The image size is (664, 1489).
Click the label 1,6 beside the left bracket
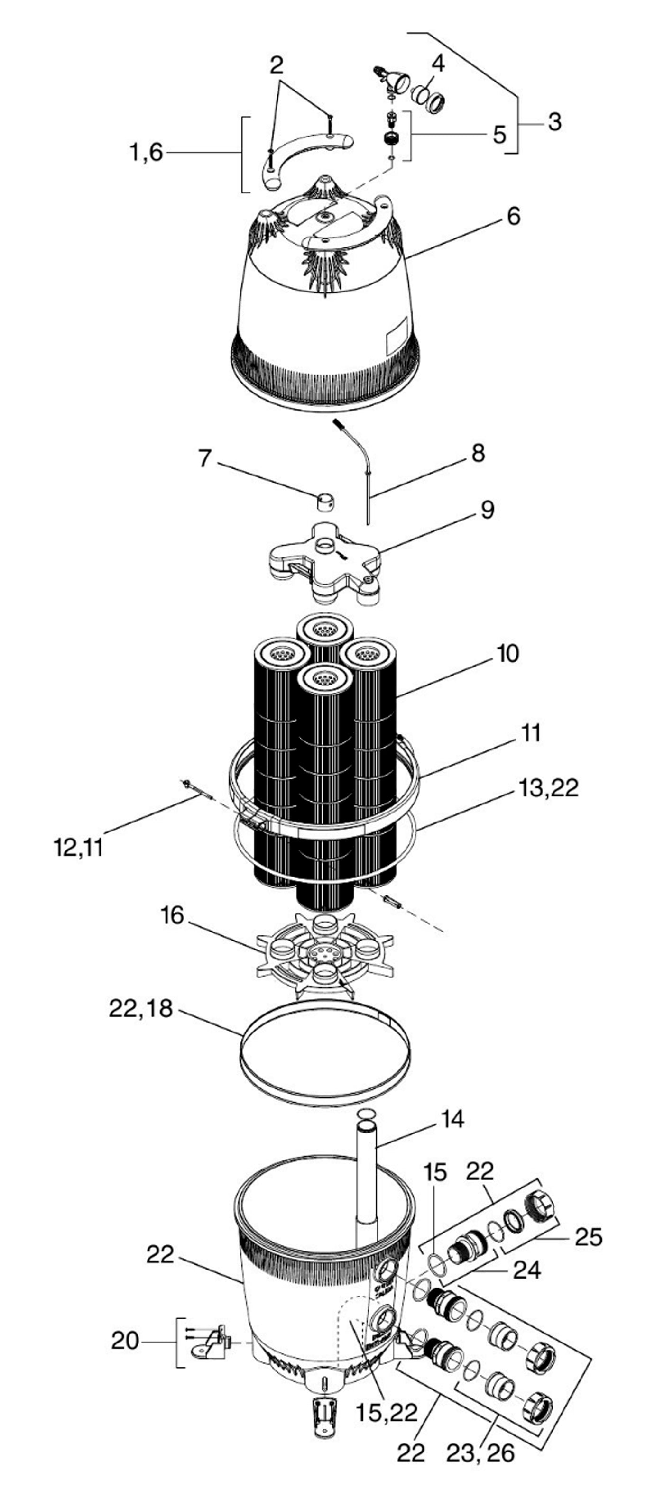pos(147,153)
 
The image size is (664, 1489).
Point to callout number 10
pos(507,654)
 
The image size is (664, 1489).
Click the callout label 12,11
pos(78,848)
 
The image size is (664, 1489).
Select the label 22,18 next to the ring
pos(140,1009)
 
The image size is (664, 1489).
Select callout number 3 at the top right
pos(554,122)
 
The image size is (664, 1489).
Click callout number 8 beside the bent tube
pos(478,454)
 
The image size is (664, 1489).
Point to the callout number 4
pos(438,64)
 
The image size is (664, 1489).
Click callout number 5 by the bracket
pos(498,135)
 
